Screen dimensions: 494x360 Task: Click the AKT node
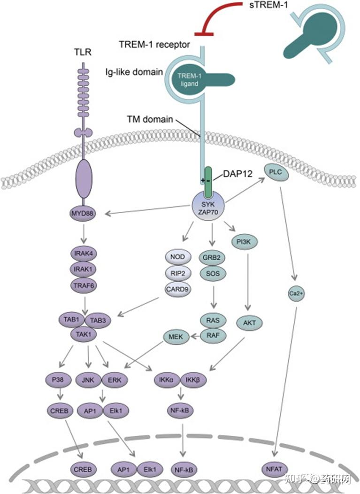253,323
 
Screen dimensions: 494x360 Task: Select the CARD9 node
177,289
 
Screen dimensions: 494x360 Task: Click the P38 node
58,379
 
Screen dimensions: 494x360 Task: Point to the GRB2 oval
213,257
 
